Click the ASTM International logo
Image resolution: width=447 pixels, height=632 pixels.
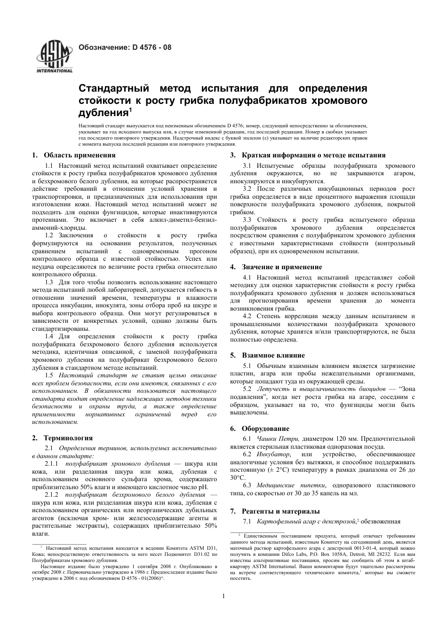coord(55,57)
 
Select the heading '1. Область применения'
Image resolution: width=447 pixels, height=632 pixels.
coord(73,155)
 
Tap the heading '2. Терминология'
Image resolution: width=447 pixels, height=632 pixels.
coord(62,438)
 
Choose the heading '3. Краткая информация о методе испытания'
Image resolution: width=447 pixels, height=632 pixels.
coord(308,155)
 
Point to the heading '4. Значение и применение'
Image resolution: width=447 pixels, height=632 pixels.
coord(276,267)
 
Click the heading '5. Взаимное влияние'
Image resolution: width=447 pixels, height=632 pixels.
coord(267,355)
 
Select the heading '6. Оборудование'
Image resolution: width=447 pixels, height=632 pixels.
coord(260,429)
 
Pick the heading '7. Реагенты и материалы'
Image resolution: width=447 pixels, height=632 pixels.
coord(275,511)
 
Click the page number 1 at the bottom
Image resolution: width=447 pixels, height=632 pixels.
coord(223,596)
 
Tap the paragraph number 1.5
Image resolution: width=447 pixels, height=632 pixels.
coord(49,375)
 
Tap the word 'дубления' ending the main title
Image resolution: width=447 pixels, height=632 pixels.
coord(103,113)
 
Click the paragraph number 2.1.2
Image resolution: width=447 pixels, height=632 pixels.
coord(53,495)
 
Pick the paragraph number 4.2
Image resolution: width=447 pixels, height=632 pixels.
coord(247,316)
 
